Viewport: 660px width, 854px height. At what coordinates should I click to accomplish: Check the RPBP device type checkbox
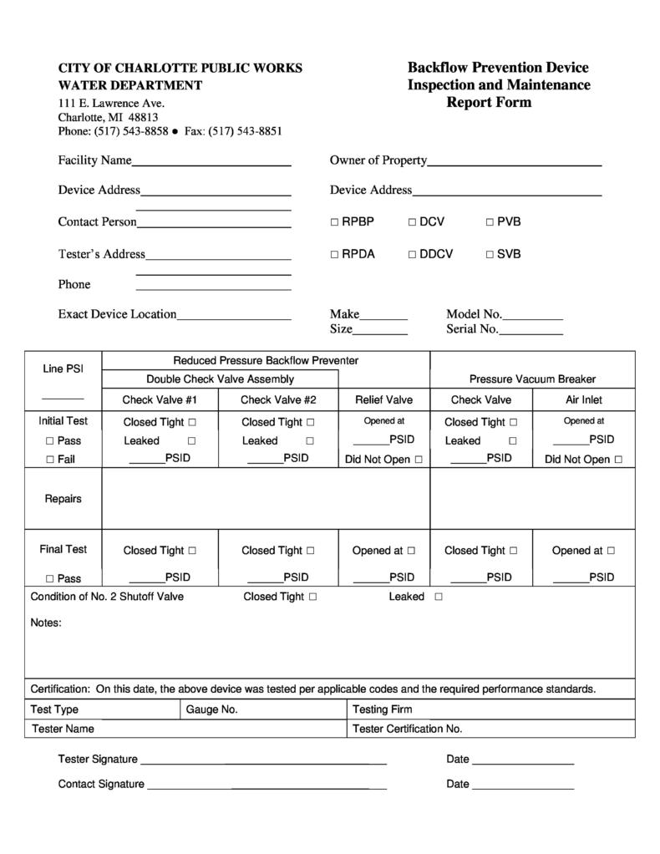pyautogui.click(x=334, y=222)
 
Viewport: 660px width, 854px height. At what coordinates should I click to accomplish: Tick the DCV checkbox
pyautogui.click(x=412, y=222)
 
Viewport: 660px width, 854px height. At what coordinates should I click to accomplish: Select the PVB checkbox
pyautogui.click(x=490, y=222)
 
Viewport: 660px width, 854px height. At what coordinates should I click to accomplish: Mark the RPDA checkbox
pyautogui.click(x=334, y=254)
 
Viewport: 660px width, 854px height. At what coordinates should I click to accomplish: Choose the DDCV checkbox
pyautogui.click(x=412, y=254)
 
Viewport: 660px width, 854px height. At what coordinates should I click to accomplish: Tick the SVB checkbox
pyautogui.click(x=490, y=254)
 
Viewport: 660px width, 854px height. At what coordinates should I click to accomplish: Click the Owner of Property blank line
pyautogui.click(x=514, y=161)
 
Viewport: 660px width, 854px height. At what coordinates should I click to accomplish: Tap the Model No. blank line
pyautogui.click(x=532, y=316)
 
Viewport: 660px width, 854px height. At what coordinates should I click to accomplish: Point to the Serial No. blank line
pyautogui.click(x=531, y=330)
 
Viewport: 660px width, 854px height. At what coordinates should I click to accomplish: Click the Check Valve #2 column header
pyautogui.click(x=278, y=399)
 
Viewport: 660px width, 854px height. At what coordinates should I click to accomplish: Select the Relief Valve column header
pyautogui.click(x=383, y=399)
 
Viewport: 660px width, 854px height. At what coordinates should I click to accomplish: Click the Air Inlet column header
pyautogui.click(x=583, y=399)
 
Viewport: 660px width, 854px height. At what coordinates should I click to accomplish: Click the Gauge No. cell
pyautogui.click(x=263, y=709)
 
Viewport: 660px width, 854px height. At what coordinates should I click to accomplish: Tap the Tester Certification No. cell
pyautogui.click(x=490, y=729)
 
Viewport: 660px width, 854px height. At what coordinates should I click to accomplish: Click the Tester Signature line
pyautogui.click(x=263, y=760)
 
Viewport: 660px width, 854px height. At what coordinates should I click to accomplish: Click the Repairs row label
pyautogui.click(x=63, y=499)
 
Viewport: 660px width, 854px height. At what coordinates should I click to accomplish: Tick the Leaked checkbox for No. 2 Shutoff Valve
pyautogui.click(x=439, y=597)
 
